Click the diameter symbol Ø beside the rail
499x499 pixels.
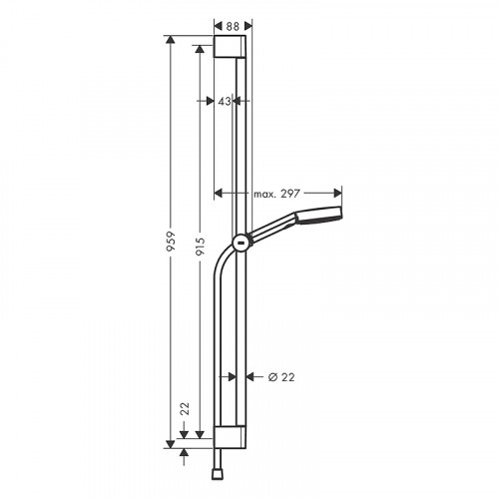(x=272, y=376)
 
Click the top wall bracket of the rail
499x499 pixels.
(x=233, y=50)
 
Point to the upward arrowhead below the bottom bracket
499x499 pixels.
(x=185, y=451)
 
